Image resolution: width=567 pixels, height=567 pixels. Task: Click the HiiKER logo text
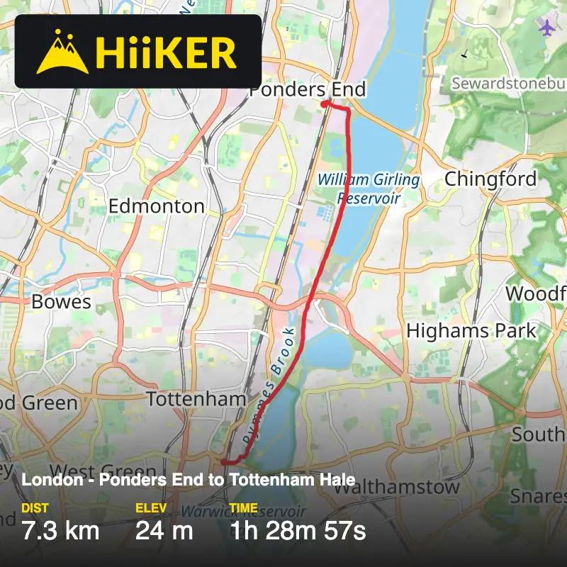[165, 52]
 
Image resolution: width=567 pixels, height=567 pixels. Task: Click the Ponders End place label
[308, 89]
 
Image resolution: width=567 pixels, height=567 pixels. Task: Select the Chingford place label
[490, 179]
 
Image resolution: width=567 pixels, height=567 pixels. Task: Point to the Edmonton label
[156, 206]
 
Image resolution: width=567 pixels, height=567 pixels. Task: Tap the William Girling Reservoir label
[369, 189]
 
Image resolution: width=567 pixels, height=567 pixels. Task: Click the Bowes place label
[62, 302]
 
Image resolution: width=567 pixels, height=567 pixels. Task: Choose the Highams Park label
[471, 330]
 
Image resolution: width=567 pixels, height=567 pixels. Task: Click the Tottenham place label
[196, 399]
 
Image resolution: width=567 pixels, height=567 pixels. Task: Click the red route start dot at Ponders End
[324, 104]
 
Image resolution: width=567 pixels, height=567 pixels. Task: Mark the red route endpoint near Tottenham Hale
[223, 462]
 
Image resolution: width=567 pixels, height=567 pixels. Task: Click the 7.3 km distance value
[60, 530]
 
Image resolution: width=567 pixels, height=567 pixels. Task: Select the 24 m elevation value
[164, 530]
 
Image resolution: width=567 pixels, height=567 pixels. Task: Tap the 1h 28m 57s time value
[298, 530]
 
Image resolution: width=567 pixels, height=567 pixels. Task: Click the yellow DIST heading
[35, 508]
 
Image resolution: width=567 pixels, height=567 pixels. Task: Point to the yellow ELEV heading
[150, 508]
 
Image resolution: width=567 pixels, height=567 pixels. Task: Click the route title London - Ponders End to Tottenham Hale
[189, 480]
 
